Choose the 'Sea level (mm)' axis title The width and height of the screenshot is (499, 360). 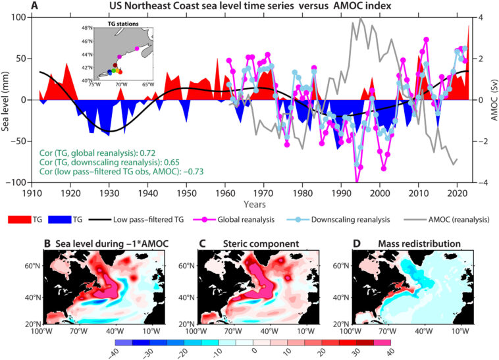[x=6, y=99]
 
